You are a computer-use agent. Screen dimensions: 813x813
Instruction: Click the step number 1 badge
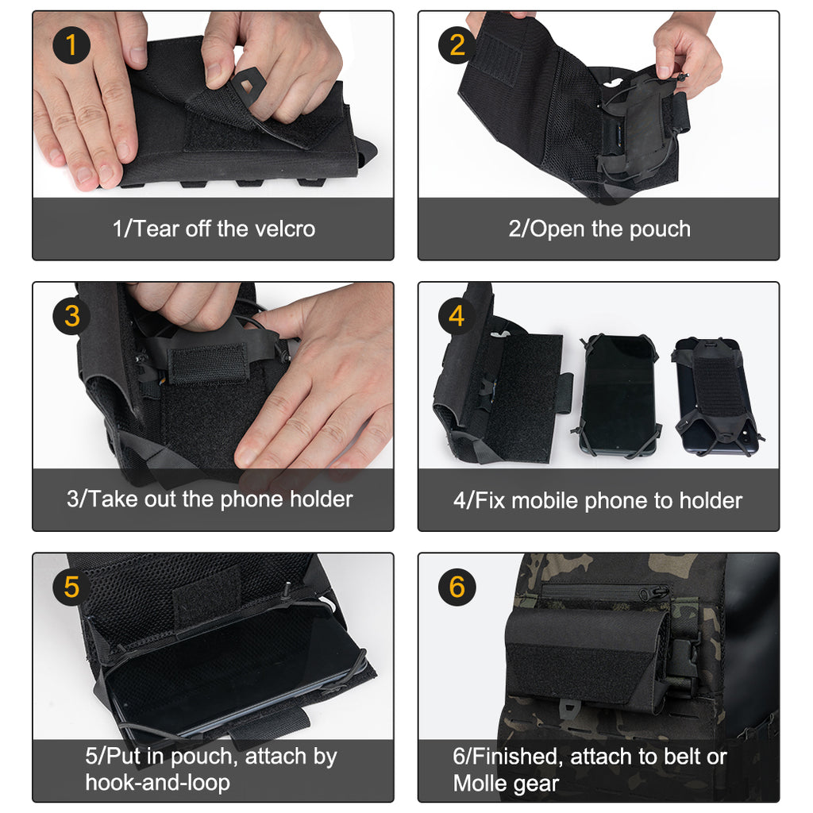click(71, 45)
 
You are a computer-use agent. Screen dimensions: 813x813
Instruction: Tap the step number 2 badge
click(457, 45)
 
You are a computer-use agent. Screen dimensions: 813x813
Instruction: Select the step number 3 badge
click(71, 316)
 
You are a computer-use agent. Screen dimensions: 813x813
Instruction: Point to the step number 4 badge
click(457, 316)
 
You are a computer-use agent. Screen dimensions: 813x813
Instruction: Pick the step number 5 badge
click(71, 588)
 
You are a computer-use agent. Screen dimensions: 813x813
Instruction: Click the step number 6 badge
click(457, 588)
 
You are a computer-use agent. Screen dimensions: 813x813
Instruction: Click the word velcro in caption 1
click(284, 229)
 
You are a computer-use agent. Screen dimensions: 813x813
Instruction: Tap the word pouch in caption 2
click(660, 229)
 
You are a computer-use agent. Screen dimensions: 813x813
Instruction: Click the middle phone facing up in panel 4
click(619, 395)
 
